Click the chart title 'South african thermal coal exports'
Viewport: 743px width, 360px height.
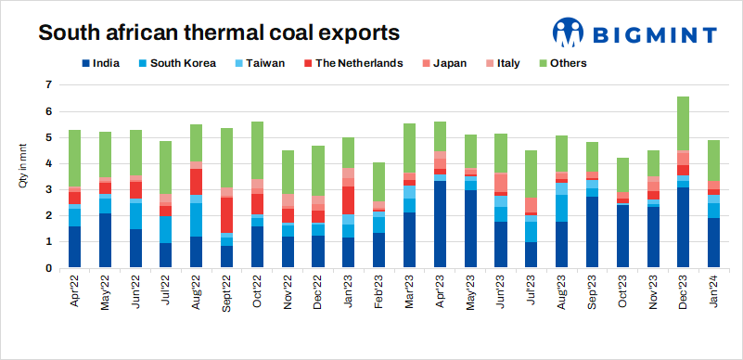[x=218, y=33]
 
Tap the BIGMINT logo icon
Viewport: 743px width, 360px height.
[x=568, y=33]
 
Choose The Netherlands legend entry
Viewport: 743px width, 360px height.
[x=352, y=63]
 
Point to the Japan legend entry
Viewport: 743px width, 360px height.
[x=448, y=63]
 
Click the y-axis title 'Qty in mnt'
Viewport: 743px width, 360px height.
[x=23, y=166]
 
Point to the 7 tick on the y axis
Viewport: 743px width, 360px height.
[x=49, y=85]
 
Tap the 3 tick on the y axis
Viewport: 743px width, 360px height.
[x=49, y=190]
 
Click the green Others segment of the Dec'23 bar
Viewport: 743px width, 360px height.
[x=683, y=123]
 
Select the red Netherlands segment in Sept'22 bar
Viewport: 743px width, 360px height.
[x=226, y=215]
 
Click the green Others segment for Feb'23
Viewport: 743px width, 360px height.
[x=378, y=182]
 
